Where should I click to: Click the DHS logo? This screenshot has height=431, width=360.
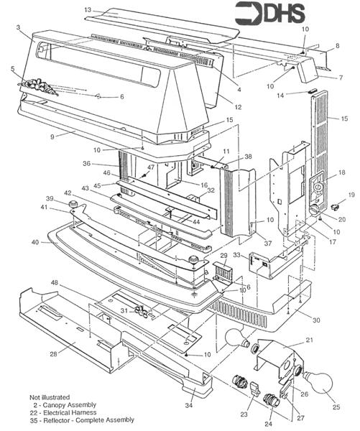pyautogui.click(x=269, y=13)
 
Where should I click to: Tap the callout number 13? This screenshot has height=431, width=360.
pyautogui.click(x=88, y=9)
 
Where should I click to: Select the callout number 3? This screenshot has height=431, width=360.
pyautogui.click(x=17, y=28)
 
